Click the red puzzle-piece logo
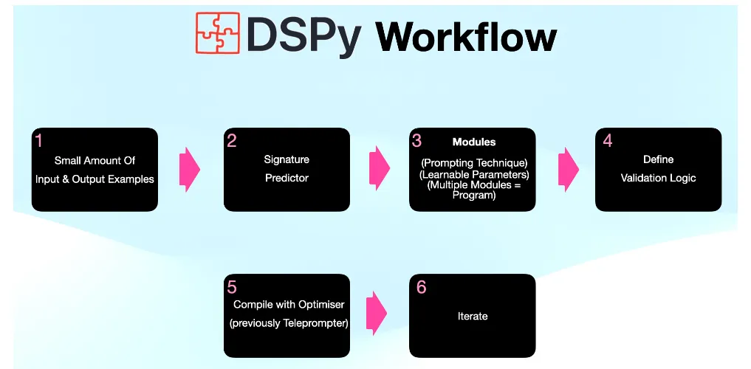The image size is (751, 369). pos(218,32)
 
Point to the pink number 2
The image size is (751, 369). pos(232,140)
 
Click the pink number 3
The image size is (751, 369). pos(417,140)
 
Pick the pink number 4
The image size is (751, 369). pos(607,140)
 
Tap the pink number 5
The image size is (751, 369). pos(232,286)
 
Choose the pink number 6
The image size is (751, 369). pos(421,286)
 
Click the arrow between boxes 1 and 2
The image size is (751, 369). pos(190,169)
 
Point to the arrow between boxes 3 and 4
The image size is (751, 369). pos(568,169)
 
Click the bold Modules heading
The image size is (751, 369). pos(474,142)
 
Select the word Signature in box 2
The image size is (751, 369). pos(287,159)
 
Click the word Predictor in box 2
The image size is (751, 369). pos(287,178)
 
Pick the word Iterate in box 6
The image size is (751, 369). pos(473,317)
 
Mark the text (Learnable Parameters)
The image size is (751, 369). pos(473,174)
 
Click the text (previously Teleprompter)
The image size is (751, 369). pos(289,323)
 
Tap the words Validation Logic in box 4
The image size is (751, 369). pos(658,178)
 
